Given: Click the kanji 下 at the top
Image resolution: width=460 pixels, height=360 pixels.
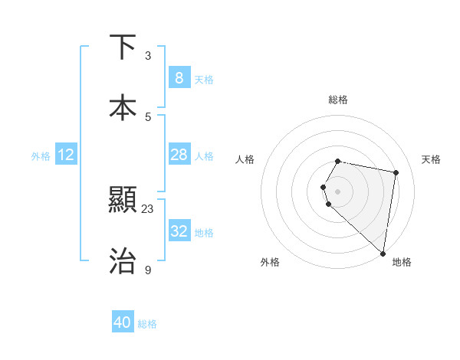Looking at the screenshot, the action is coord(123,47).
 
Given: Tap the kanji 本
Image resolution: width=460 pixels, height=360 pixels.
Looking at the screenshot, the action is coord(123,108).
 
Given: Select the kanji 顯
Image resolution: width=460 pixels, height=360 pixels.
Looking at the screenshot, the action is coord(123,201).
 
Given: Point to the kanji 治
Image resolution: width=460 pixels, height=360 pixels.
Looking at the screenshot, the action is coord(123,261).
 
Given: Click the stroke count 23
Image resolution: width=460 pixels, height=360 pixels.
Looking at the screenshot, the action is coord(148,209).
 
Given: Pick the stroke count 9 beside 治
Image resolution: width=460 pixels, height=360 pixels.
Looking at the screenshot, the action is coord(148,270).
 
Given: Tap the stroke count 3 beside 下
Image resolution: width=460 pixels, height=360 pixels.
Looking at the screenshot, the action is coord(148,56).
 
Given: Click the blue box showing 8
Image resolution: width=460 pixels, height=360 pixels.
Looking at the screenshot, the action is coord(179,78).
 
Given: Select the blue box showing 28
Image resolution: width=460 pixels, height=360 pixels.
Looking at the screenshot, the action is coord(179,155).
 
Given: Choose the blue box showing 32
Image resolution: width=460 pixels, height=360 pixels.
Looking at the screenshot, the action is coord(179,231).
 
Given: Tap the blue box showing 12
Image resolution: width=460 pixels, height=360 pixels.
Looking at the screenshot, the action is coord(66,155).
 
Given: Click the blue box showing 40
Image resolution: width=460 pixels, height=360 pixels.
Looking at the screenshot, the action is coord(123,322).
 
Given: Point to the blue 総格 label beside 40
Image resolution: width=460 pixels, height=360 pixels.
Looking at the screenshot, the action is coord(148,324).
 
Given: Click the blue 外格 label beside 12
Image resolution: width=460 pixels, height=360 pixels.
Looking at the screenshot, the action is coord(41,156).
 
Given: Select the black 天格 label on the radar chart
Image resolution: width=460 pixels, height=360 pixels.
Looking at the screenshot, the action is coord(432,159).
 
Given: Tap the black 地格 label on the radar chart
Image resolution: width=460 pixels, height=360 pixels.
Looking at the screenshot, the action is coord(402,262).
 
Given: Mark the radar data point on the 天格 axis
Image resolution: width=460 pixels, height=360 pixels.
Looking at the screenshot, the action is coord(396,172).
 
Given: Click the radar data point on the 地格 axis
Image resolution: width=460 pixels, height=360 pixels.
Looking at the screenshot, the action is coord(383,253).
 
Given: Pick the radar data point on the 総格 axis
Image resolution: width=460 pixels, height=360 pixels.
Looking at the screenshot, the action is coord(337,161).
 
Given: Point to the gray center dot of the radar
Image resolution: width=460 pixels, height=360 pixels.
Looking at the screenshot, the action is coord(337,191).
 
